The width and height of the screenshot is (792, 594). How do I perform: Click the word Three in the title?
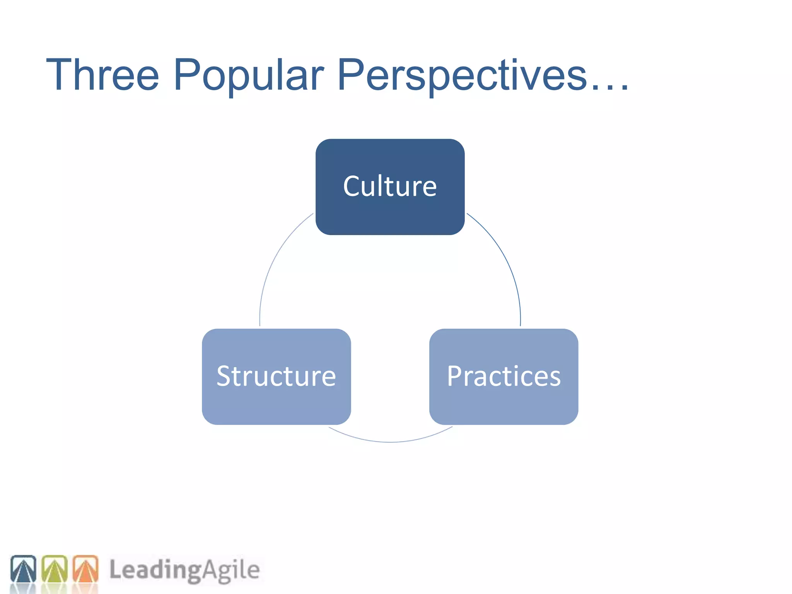click(102, 75)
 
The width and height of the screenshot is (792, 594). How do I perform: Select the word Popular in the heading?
click(249, 75)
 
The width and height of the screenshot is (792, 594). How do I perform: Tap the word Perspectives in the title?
click(462, 75)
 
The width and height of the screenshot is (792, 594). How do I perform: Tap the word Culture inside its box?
click(390, 186)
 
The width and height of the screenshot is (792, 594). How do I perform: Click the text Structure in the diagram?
click(276, 376)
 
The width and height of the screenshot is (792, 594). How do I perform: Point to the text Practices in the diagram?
click(504, 376)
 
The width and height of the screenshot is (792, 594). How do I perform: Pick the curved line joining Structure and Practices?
click(390, 441)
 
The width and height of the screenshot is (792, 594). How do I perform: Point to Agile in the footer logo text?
click(231, 570)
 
